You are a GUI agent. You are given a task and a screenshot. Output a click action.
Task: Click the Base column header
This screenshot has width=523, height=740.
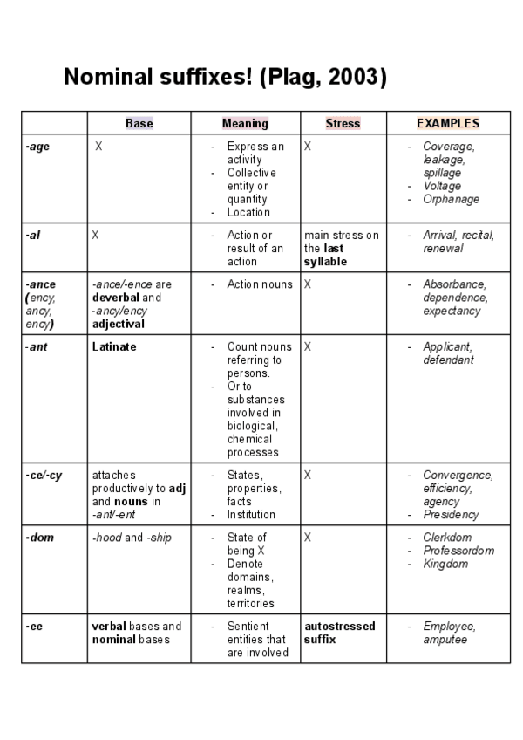pos(139,123)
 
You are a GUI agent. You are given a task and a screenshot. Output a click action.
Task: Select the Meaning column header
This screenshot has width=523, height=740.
pos(245,123)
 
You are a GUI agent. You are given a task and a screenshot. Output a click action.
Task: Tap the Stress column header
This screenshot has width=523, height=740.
pos(343,123)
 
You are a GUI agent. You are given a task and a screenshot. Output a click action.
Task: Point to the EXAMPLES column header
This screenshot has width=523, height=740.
pos(448,123)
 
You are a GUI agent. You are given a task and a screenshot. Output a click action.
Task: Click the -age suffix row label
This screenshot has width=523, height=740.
pos(37,147)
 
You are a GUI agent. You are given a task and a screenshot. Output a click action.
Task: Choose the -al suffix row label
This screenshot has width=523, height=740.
pos(33,236)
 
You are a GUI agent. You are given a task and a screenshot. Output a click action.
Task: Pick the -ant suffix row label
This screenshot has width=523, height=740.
pos(36,346)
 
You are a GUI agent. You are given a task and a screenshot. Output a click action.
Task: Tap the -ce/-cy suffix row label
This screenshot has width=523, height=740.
pos(41,476)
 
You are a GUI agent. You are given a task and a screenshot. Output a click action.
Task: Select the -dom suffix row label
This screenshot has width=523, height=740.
pos(39,538)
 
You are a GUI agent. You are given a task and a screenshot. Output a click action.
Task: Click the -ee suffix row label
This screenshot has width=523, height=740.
pos(34,627)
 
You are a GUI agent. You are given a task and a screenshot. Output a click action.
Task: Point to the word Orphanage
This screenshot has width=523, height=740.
pos(451,199)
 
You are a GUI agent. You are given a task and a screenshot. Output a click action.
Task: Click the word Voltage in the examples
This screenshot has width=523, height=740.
pos(442,186)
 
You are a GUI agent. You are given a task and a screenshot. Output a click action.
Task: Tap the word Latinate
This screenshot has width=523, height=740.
pos(114,346)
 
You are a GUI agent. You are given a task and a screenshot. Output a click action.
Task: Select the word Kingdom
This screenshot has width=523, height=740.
pos(445,564)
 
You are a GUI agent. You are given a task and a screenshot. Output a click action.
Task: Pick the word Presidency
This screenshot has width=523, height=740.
pos(451,515)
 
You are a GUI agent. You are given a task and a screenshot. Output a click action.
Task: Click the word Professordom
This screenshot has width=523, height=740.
pos(458,551)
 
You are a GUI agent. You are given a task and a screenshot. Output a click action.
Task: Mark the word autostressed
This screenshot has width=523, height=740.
pos(340,627)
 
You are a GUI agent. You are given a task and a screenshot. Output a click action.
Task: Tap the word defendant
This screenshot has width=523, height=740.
pos(448,360)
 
